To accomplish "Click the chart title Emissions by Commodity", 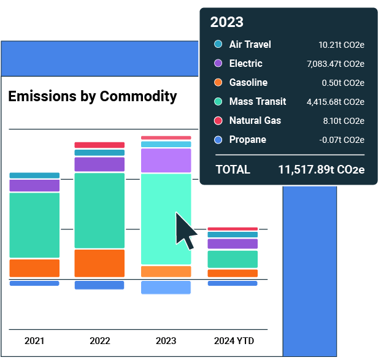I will click(x=92, y=96).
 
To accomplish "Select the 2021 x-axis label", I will click(x=34, y=341).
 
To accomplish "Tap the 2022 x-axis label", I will click(x=99, y=341).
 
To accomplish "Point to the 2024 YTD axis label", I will click(x=233, y=341).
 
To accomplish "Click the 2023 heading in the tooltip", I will click(x=227, y=23).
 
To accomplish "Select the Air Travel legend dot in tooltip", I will click(x=218, y=45).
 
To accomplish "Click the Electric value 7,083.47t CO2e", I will click(x=336, y=64).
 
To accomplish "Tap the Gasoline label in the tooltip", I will click(x=248, y=83).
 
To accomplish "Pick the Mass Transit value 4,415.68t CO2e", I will click(x=336, y=102).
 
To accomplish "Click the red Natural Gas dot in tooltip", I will click(x=218, y=121).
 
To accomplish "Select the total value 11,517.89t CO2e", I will click(x=321, y=170).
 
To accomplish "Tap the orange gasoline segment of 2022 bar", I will click(x=99, y=263).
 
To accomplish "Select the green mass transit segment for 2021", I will click(x=34, y=224).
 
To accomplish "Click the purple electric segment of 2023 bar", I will click(x=166, y=160).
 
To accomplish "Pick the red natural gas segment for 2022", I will click(x=99, y=145).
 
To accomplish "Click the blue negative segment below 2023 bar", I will click(x=166, y=288).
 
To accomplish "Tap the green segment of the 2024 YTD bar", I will click(x=233, y=259).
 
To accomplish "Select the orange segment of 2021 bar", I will click(x=34, y=268).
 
